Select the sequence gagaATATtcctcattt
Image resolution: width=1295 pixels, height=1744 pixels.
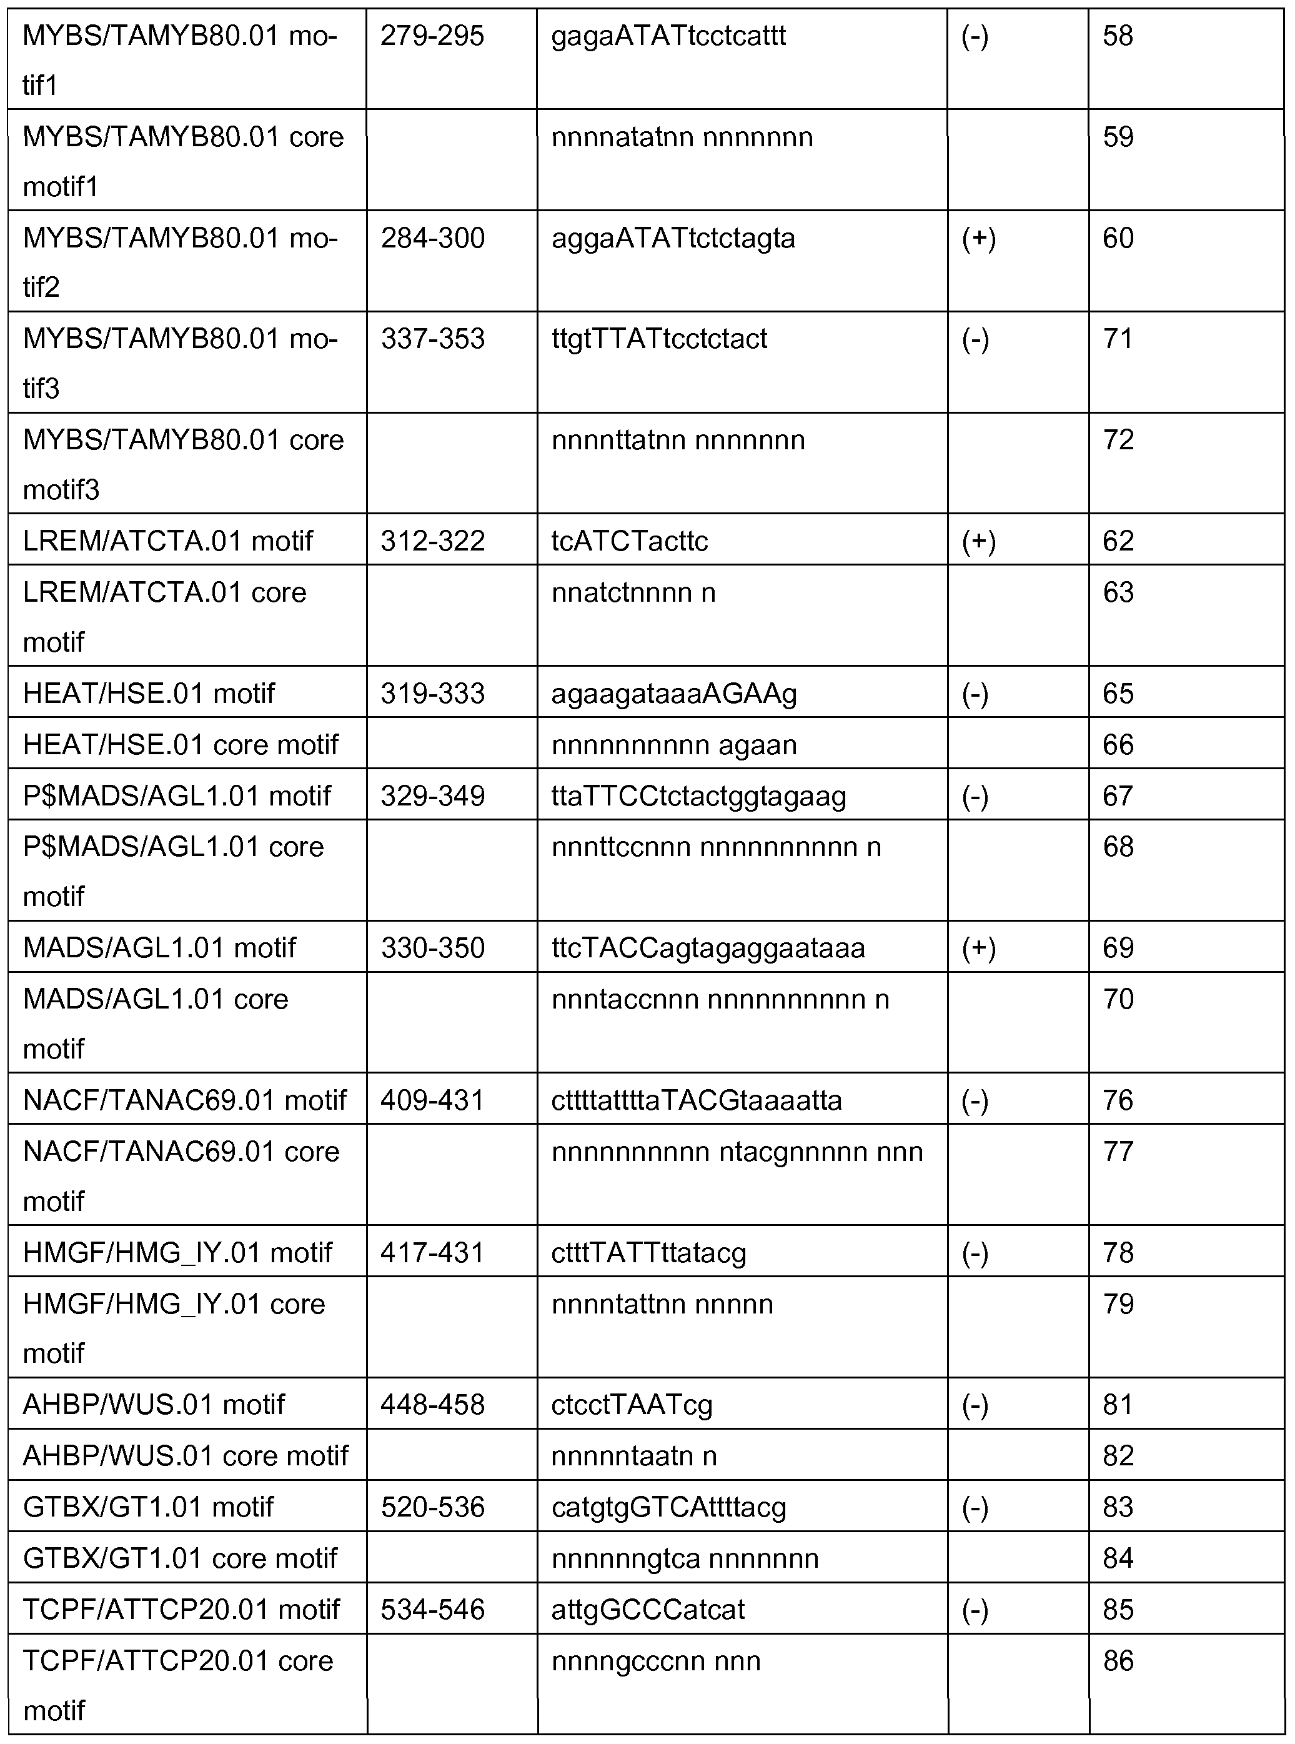coord(668,36)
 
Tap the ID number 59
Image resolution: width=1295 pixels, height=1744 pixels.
coord(1118,137)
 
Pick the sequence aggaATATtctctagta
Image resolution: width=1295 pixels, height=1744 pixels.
coord(673,239)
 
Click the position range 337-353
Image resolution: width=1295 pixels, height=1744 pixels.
coord(433,339)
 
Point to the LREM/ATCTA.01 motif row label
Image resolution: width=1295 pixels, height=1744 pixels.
coord(168,541)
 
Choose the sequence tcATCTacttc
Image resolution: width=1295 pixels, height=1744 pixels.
coord(630,541)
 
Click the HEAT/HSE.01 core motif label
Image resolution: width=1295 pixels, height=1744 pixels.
coord(181,744)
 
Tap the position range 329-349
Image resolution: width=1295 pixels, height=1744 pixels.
coord(433,796)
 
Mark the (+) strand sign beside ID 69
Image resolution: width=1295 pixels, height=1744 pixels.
coord(978,948)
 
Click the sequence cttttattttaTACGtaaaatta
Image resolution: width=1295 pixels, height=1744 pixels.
coord(696,1100)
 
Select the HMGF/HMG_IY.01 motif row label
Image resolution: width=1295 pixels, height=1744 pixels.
coord(178,1252)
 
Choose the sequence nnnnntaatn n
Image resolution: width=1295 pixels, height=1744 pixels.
coord(633,1455)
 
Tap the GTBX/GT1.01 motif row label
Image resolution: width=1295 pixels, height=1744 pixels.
coord(148,1507)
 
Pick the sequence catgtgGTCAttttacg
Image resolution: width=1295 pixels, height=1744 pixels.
coord(668,1507)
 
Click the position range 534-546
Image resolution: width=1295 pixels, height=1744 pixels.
coord(433,1609)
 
